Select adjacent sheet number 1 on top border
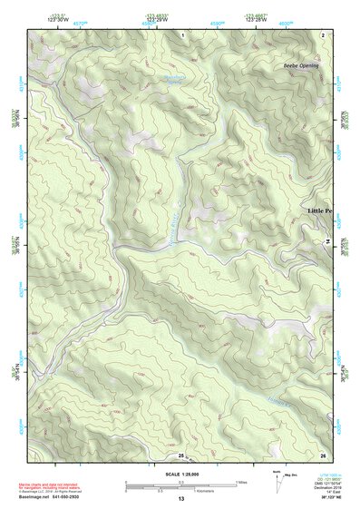click(181, 34)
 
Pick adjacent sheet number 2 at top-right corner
click(322, 34)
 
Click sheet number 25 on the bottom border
click(180, 454)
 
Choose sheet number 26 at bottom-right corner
click(322, 454)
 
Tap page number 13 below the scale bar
click(180, 498)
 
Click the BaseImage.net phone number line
click(55, 495)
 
